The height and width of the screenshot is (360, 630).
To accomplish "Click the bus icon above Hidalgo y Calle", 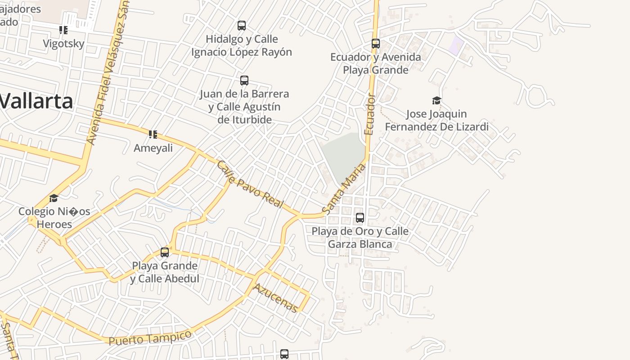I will pyautogui.click(x=242, y=26).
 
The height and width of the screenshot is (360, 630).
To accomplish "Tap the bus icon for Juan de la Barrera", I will pyautogui.click(x=244, y=81).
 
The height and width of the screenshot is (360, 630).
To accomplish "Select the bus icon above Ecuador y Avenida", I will pyautogui.click(x=376, y=44).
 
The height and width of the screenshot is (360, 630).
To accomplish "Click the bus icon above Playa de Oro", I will pyautogui.click(x=360, y=218).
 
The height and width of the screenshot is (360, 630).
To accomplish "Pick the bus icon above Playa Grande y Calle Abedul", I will pyautogui.click(x=165, y=252).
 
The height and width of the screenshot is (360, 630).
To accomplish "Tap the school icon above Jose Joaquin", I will pyautogui.click(x=436, y=100).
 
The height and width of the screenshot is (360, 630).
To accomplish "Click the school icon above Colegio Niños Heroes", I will pyautogui.click(x=54, y=198).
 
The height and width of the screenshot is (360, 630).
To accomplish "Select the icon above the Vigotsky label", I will pyautogui.click(x=63, y=30).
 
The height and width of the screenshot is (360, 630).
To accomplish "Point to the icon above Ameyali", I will pyautogui.click(x=153, y=135).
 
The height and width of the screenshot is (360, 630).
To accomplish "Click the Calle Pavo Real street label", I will pyautogui.click(x=250, y=184).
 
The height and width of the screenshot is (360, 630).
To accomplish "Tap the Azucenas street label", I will pyautogui.click(x=275, y=298).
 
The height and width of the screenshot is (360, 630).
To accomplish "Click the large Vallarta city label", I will pyautogui.click(x=36, y=101).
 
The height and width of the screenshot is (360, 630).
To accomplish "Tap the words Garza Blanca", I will pyautogui.click(x=360, y=244).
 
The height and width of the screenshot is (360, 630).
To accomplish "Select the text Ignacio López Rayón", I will pyautogui.click(x=242, y=52).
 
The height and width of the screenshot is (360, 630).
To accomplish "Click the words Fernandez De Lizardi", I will pyautogui.click(x=436, y=127).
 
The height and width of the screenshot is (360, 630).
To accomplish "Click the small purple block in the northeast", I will pyautogui.click(x=457, y=46).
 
